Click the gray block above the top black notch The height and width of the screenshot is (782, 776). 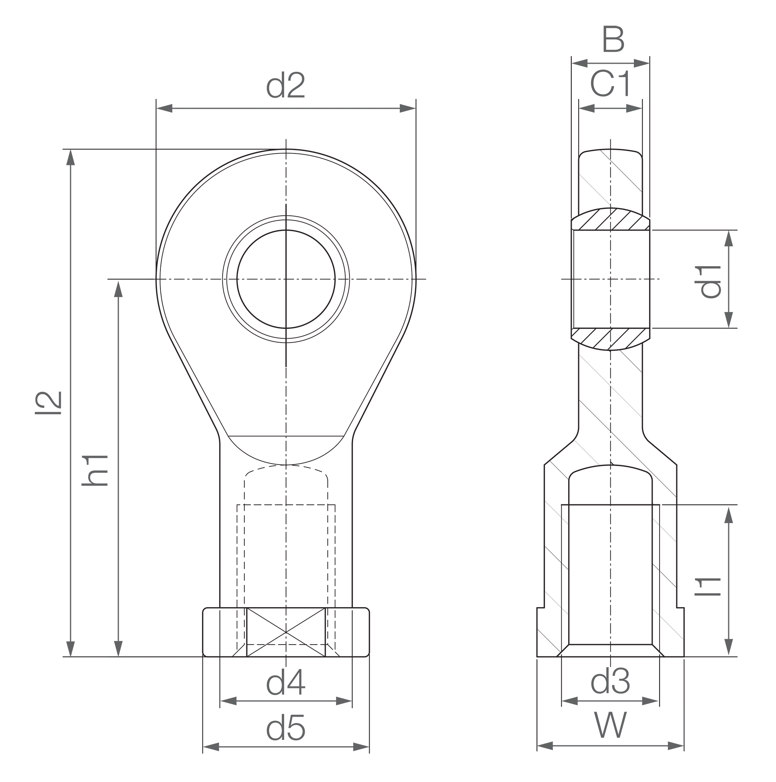[x=688, y=40]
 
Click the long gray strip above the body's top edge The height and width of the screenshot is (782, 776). [x=417, y=84]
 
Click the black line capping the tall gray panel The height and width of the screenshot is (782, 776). [x=107, y=149]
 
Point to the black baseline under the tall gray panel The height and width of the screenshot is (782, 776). [x=131, y=656]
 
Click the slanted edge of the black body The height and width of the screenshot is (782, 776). [x=186, y=376]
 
